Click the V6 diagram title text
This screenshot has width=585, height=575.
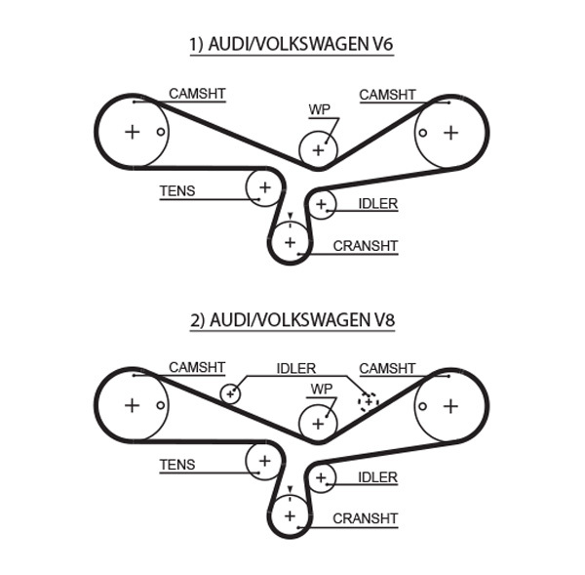pyautogui.click(x=292, y=45)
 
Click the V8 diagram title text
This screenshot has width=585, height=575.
pyautogui.click(x=292, y=319)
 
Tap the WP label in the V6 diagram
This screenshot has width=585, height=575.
pyautogui.click(x=319, y=110)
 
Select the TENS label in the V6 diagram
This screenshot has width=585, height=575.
pyautogui.click(x=177, y=191)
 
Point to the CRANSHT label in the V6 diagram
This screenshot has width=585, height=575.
pyautogui.click(x=366, y=246)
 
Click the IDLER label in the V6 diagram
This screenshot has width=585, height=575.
pyautogui.click(x=377, y=203)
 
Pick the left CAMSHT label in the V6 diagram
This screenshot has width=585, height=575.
pyautogui.click(x=197, y=94)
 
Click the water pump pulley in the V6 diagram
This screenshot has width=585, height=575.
pyautogui.click(x=317, y=149)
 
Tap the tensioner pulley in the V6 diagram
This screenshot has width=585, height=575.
pyautogui.click(x=263, y=185)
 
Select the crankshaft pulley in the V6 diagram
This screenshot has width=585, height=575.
pyautogui.click(x=290, y=240)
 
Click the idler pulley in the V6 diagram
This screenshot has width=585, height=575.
pyautogui.click(x=321, y=203)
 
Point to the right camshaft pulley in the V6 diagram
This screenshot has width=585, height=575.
pyautogui.click(x=450, y=132)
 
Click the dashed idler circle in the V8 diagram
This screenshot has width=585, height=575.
pyautogui.click(x=368, y=400)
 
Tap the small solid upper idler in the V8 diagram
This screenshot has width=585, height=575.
pyautogui.click(x=230, y=393)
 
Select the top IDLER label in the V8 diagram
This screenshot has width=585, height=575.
pyautogui.click(x=296, y=368)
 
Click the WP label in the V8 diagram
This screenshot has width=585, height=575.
pyautogui.click(x=319, y=388)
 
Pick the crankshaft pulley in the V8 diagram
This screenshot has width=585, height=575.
pyautogui.click(x=290, y=513)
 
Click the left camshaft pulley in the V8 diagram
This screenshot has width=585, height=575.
pyautogui.click(x=133, y=405)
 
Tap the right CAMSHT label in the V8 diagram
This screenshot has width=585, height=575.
pyautogui.click(x=387, y=368)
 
